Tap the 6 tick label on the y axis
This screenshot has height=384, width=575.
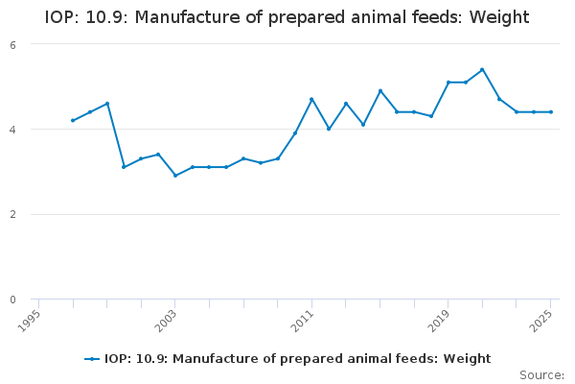(12, 45)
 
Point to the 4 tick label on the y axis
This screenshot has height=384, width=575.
(12, 130)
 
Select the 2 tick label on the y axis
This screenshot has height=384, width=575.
(12, 215)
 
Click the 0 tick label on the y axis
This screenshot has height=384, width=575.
(12, 300)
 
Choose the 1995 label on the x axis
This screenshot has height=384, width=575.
(31, 318)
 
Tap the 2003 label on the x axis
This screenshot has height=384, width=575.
(167, 318)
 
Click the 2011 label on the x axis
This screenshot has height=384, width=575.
(303, 318)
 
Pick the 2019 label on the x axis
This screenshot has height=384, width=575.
(439, 318)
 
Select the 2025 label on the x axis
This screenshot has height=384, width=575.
(541, 318)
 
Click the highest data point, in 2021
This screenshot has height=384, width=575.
(482, 69)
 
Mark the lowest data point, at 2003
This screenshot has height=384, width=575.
(175, 176)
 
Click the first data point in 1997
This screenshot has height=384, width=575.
(73, 120)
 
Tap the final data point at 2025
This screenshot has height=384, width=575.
(551, 112)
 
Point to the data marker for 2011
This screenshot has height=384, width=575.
(311, 99)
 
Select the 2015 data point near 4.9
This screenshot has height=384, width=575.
(380, 91)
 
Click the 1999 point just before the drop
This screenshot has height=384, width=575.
(107, 104)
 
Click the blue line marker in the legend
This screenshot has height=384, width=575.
(92, 359)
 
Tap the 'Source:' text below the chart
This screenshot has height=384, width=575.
(541, 374)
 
